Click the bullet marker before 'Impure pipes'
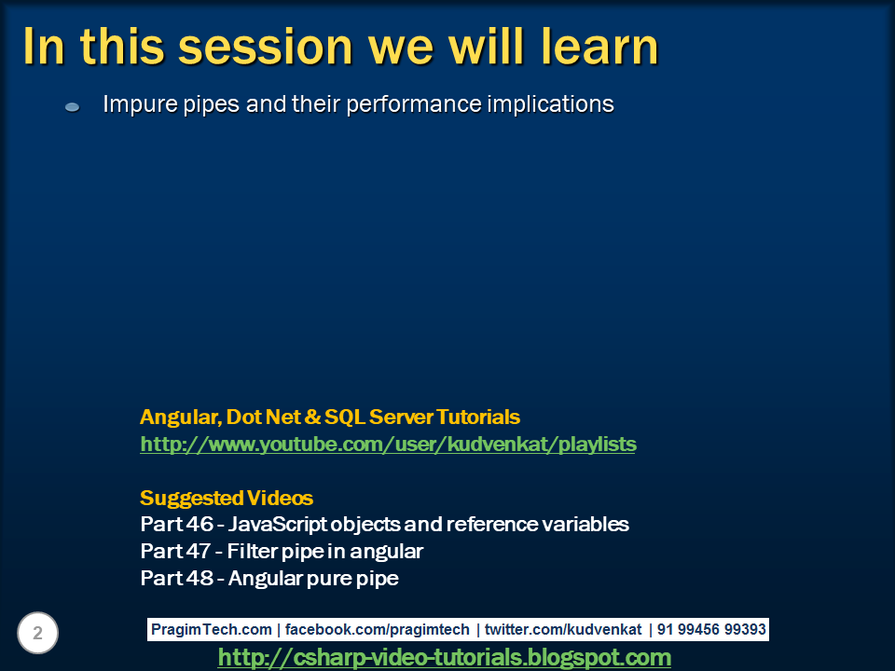tap(73, 107)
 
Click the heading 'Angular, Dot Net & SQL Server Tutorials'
tap(329, 417)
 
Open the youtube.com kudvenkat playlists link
tap(388, 445)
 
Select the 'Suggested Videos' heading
tap(226, 498)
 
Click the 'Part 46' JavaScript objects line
tap(384, 524)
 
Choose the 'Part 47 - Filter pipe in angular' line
tap(282, 552)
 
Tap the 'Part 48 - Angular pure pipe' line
tap(268, 579)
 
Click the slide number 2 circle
tap(37, 634)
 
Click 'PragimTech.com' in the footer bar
tap(212, 630)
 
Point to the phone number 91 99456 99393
tap(711, 630)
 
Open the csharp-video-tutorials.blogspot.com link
tap(444, 658)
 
